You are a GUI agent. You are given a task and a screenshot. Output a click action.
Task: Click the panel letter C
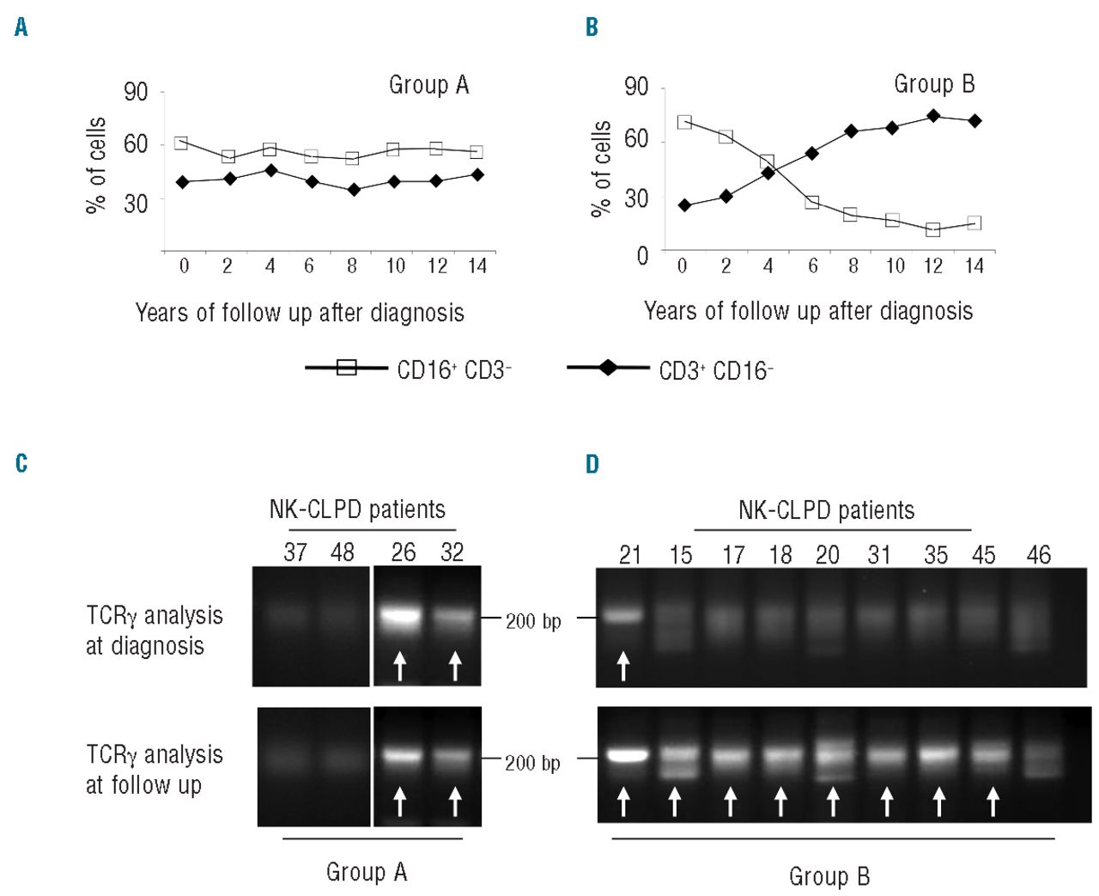click(21, 464)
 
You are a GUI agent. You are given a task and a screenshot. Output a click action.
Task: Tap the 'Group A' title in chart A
click(428, 85)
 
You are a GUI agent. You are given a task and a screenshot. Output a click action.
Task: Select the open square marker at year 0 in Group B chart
click(684, 122)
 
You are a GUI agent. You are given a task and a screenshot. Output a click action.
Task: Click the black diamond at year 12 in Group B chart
click(933, 116)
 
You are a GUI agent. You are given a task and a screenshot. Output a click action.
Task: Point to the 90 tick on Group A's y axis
click(136, 92)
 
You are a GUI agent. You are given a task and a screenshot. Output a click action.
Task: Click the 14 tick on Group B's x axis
click(974, 266)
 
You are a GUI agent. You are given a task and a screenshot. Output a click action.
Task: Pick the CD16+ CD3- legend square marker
click(346, 368)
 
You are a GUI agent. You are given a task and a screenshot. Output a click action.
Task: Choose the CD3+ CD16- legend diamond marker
click(608, 368)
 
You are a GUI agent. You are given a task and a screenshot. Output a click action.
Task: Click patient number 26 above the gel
click(404, 552)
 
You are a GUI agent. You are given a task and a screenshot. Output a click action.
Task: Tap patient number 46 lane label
click(1038, 555)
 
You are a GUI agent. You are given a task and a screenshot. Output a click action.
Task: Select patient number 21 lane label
click(630, 555)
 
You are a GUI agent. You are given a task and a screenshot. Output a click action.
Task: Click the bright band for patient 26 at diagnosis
click(399, 616)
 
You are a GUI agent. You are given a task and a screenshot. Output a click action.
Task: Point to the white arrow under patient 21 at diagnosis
click(624, 665)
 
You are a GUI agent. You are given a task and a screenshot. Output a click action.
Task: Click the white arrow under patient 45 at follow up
click(993, 802)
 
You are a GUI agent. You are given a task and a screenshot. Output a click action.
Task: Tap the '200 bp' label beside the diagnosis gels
click(533, 621)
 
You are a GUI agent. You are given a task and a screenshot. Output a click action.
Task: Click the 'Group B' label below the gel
click(829, 876)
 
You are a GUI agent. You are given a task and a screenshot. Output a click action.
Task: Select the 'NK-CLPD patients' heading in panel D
click(826, 510)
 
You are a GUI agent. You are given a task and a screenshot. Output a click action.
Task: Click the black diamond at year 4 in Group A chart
click(270, 170)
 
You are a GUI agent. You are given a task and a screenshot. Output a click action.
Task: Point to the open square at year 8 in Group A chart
click(352, 158)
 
